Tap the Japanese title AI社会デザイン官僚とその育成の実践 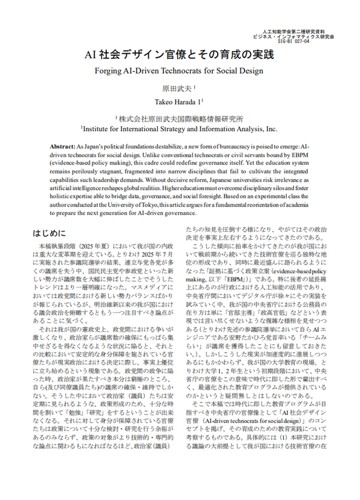[179, 55]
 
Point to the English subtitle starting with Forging [179, 72]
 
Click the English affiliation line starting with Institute [179, 128]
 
